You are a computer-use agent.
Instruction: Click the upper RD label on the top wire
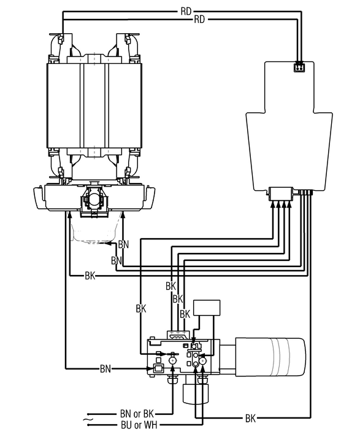click(186, 12)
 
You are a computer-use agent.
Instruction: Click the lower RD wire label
click(199, 20)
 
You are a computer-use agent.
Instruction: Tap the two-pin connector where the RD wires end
click(299, 68)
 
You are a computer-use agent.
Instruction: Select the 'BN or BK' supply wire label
click(137, 414)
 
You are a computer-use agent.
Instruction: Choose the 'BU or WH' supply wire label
click(139, 425)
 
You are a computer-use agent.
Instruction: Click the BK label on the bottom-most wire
click(250, 418)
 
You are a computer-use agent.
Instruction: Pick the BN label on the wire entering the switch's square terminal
click(105, 368)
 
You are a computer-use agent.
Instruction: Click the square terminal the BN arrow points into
click(158, 368)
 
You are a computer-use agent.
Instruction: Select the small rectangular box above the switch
click(207, 308)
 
